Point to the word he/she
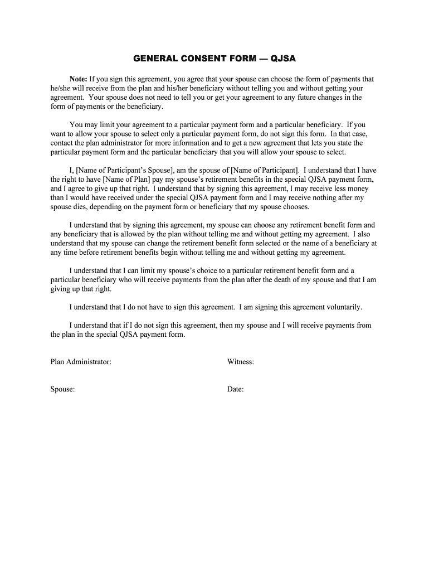60,88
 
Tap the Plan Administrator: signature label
81,362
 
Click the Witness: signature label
241,362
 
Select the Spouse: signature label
62,389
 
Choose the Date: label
235,389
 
